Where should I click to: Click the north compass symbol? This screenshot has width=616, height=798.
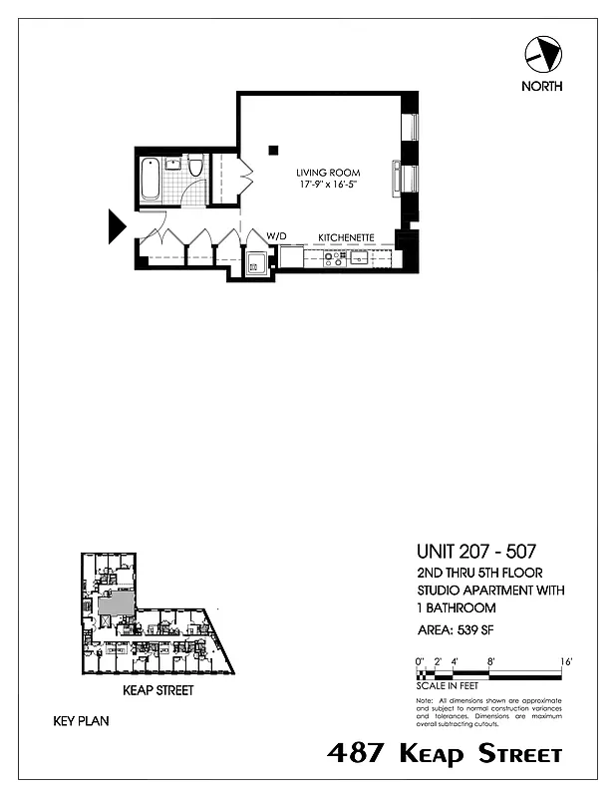(541, 53)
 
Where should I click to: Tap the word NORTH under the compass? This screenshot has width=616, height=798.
(541, 86)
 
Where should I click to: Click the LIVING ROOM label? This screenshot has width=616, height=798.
(327, 172)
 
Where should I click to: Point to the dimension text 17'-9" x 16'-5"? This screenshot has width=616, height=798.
(327, 185)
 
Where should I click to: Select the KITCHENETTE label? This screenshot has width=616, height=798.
(346, 237)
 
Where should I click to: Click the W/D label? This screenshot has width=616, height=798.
(276, 236)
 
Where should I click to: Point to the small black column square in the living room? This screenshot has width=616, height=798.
(272, 151)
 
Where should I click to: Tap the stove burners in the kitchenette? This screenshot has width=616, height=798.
(335, 258)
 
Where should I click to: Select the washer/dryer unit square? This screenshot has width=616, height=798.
(256, 264)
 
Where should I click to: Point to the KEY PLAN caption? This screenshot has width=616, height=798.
(81, 719)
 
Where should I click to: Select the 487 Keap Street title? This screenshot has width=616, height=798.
(445, 754)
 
